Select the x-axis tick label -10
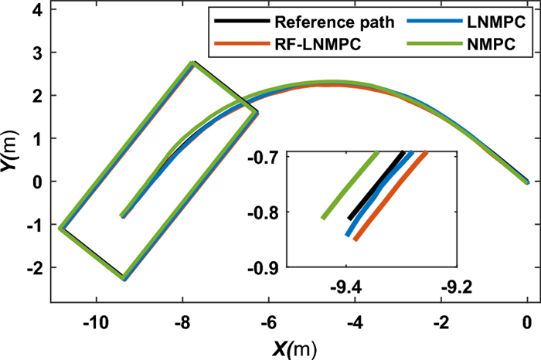97,321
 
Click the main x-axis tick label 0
527,321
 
